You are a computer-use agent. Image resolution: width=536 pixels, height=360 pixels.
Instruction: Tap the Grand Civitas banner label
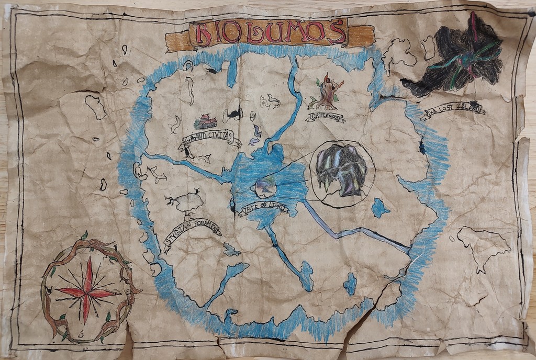coord(211,140)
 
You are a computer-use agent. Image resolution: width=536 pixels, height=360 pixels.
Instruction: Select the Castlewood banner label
coord(326,116)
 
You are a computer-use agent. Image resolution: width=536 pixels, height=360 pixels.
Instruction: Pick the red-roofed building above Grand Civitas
coord(206,122)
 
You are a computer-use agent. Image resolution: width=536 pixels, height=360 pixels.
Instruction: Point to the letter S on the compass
coord(82,333)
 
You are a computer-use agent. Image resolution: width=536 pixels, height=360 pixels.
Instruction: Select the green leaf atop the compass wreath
coord(84,235)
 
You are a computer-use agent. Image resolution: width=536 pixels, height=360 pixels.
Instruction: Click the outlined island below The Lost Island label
coord(483,245)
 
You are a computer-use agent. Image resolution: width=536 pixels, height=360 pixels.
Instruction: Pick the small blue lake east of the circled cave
coord(380,208)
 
